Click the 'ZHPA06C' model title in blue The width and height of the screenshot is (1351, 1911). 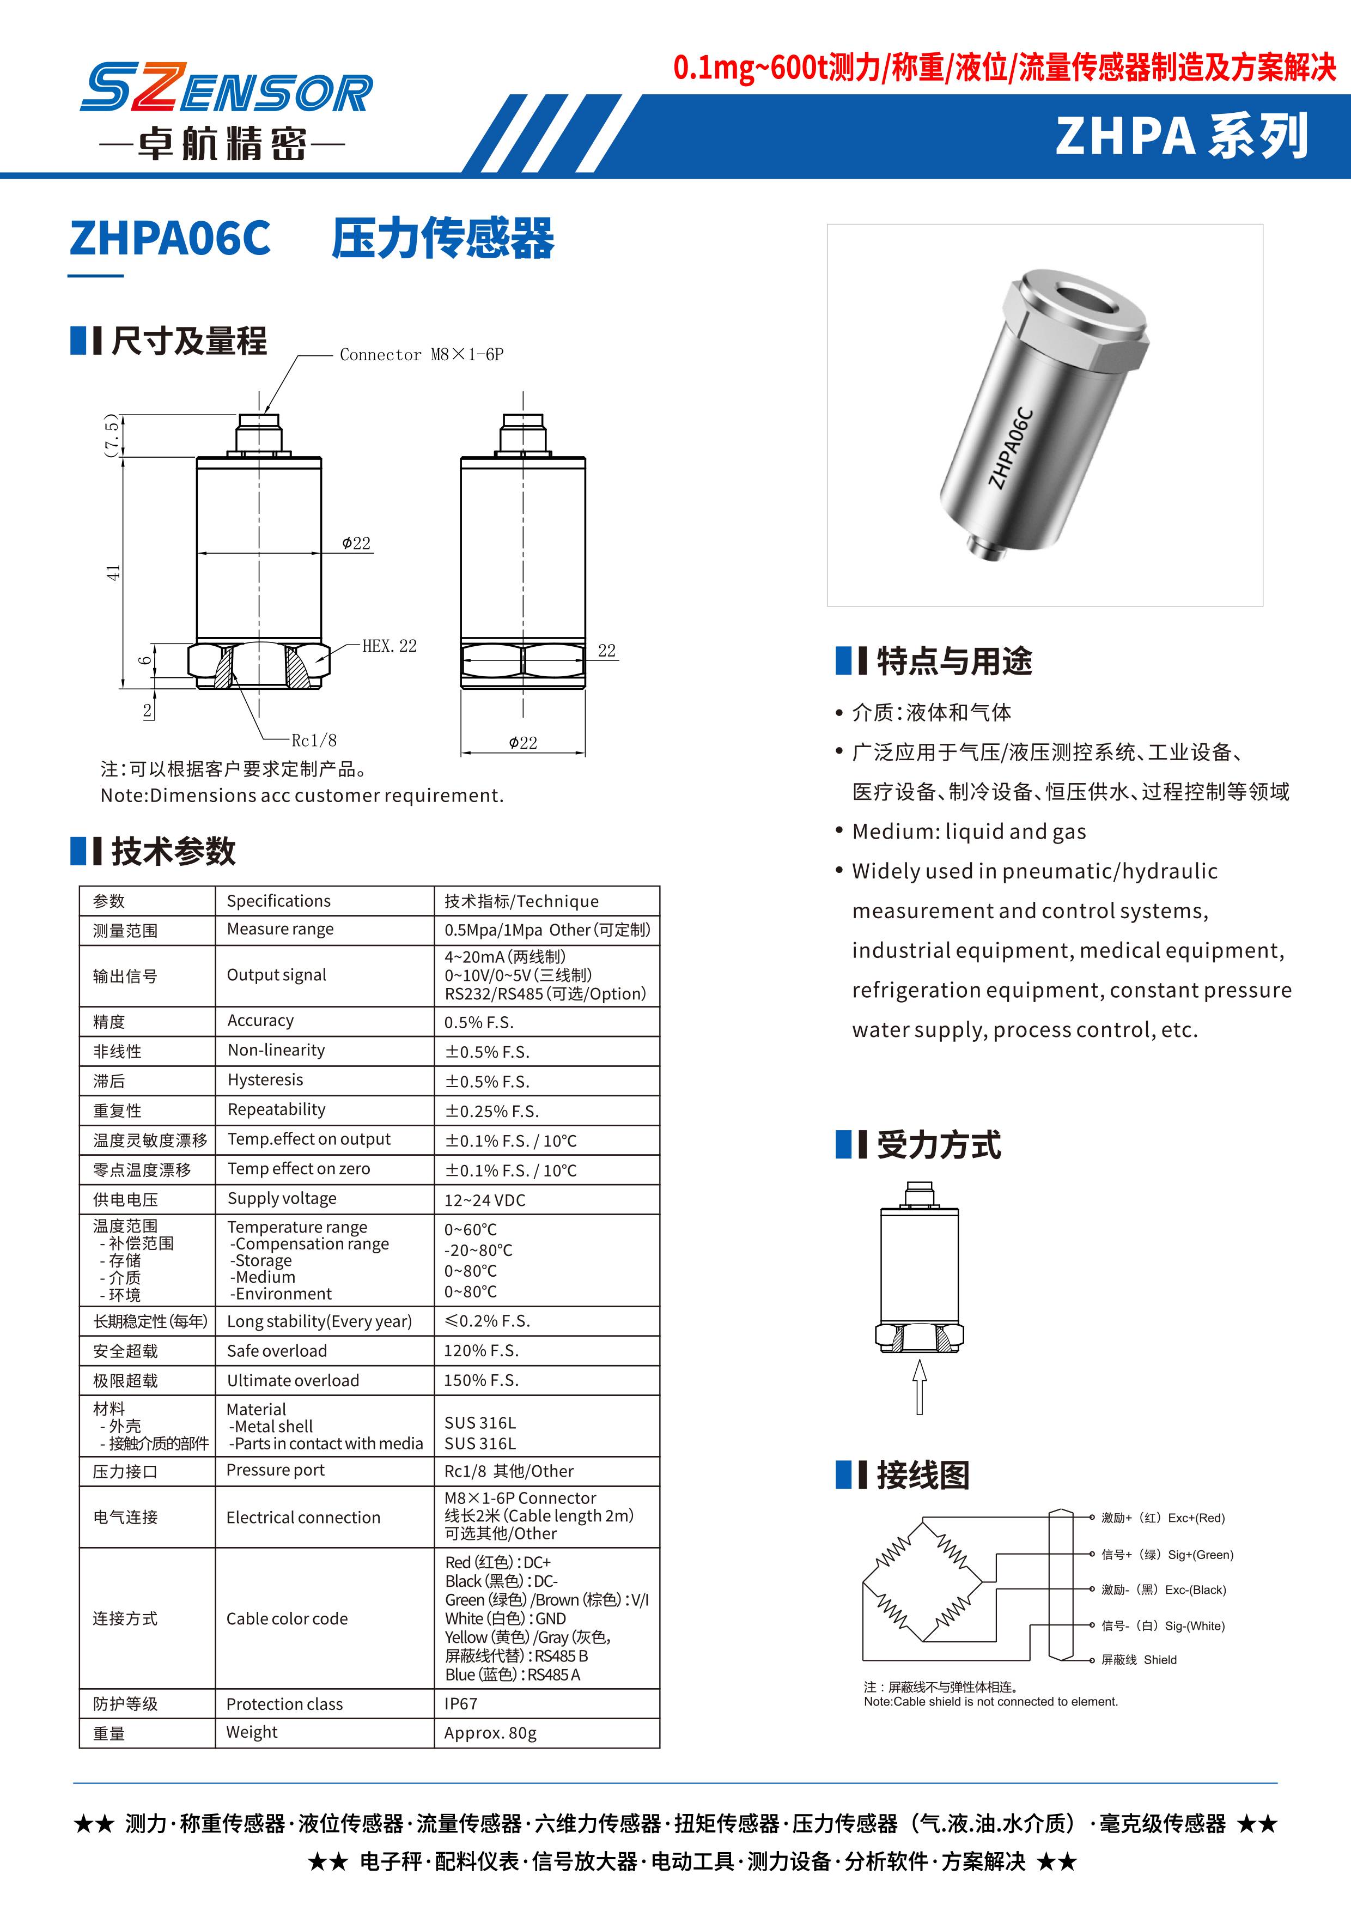pyautogui.click(x=171, y=238)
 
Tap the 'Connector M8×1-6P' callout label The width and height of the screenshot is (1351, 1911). pyautogui.click(x=421, y=355)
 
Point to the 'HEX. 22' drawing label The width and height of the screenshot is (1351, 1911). pyautogui.click(x=390, y=646)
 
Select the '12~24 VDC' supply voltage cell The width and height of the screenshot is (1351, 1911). pyautogui.click(x=484, y=1199)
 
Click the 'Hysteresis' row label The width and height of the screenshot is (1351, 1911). pyautogui.click(x=265, y=1079)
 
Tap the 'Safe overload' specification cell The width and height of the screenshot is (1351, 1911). pyautogui.click(x=277, y=1351)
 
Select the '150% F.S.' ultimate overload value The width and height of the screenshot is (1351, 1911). pyautogui.click(x=481, y=1380)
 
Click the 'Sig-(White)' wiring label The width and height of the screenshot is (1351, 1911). pyautogui.click(x=1195, y=1625)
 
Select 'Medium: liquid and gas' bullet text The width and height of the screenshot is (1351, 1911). pyautogui.click(x=969, y=832)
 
